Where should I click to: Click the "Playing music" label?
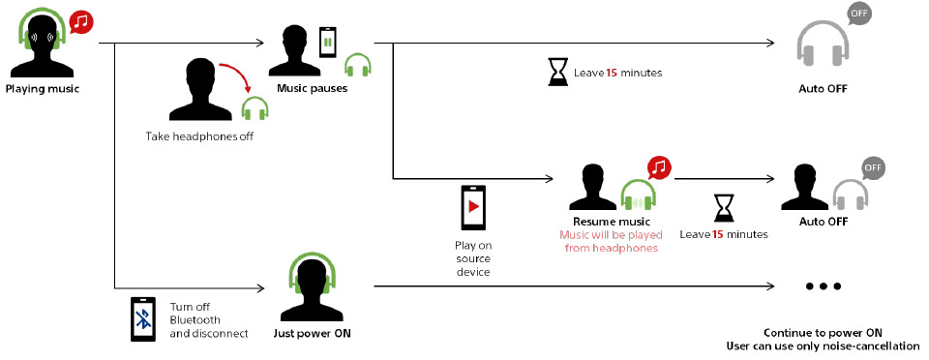click(x=42, y=89)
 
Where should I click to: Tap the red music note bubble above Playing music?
click(x=81, y=23)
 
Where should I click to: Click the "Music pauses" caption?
click(x=312, y=89)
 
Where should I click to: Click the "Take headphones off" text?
click(x=199, y=136)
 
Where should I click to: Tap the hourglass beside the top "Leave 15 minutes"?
click(x=557, y=73)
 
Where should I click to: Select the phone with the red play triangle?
click(x=473, y=207)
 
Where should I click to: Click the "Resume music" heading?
click(x=612, y=222)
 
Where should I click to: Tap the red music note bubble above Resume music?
click(x=658, y=168)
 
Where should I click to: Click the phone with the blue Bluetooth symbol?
click(x=143, y=319)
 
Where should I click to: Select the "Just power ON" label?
click(x=313, y=333)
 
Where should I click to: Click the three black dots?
click(x=823, y=286)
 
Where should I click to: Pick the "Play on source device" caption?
click(x=473, y=258)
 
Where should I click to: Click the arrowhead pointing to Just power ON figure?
click(x=260, y=288)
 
